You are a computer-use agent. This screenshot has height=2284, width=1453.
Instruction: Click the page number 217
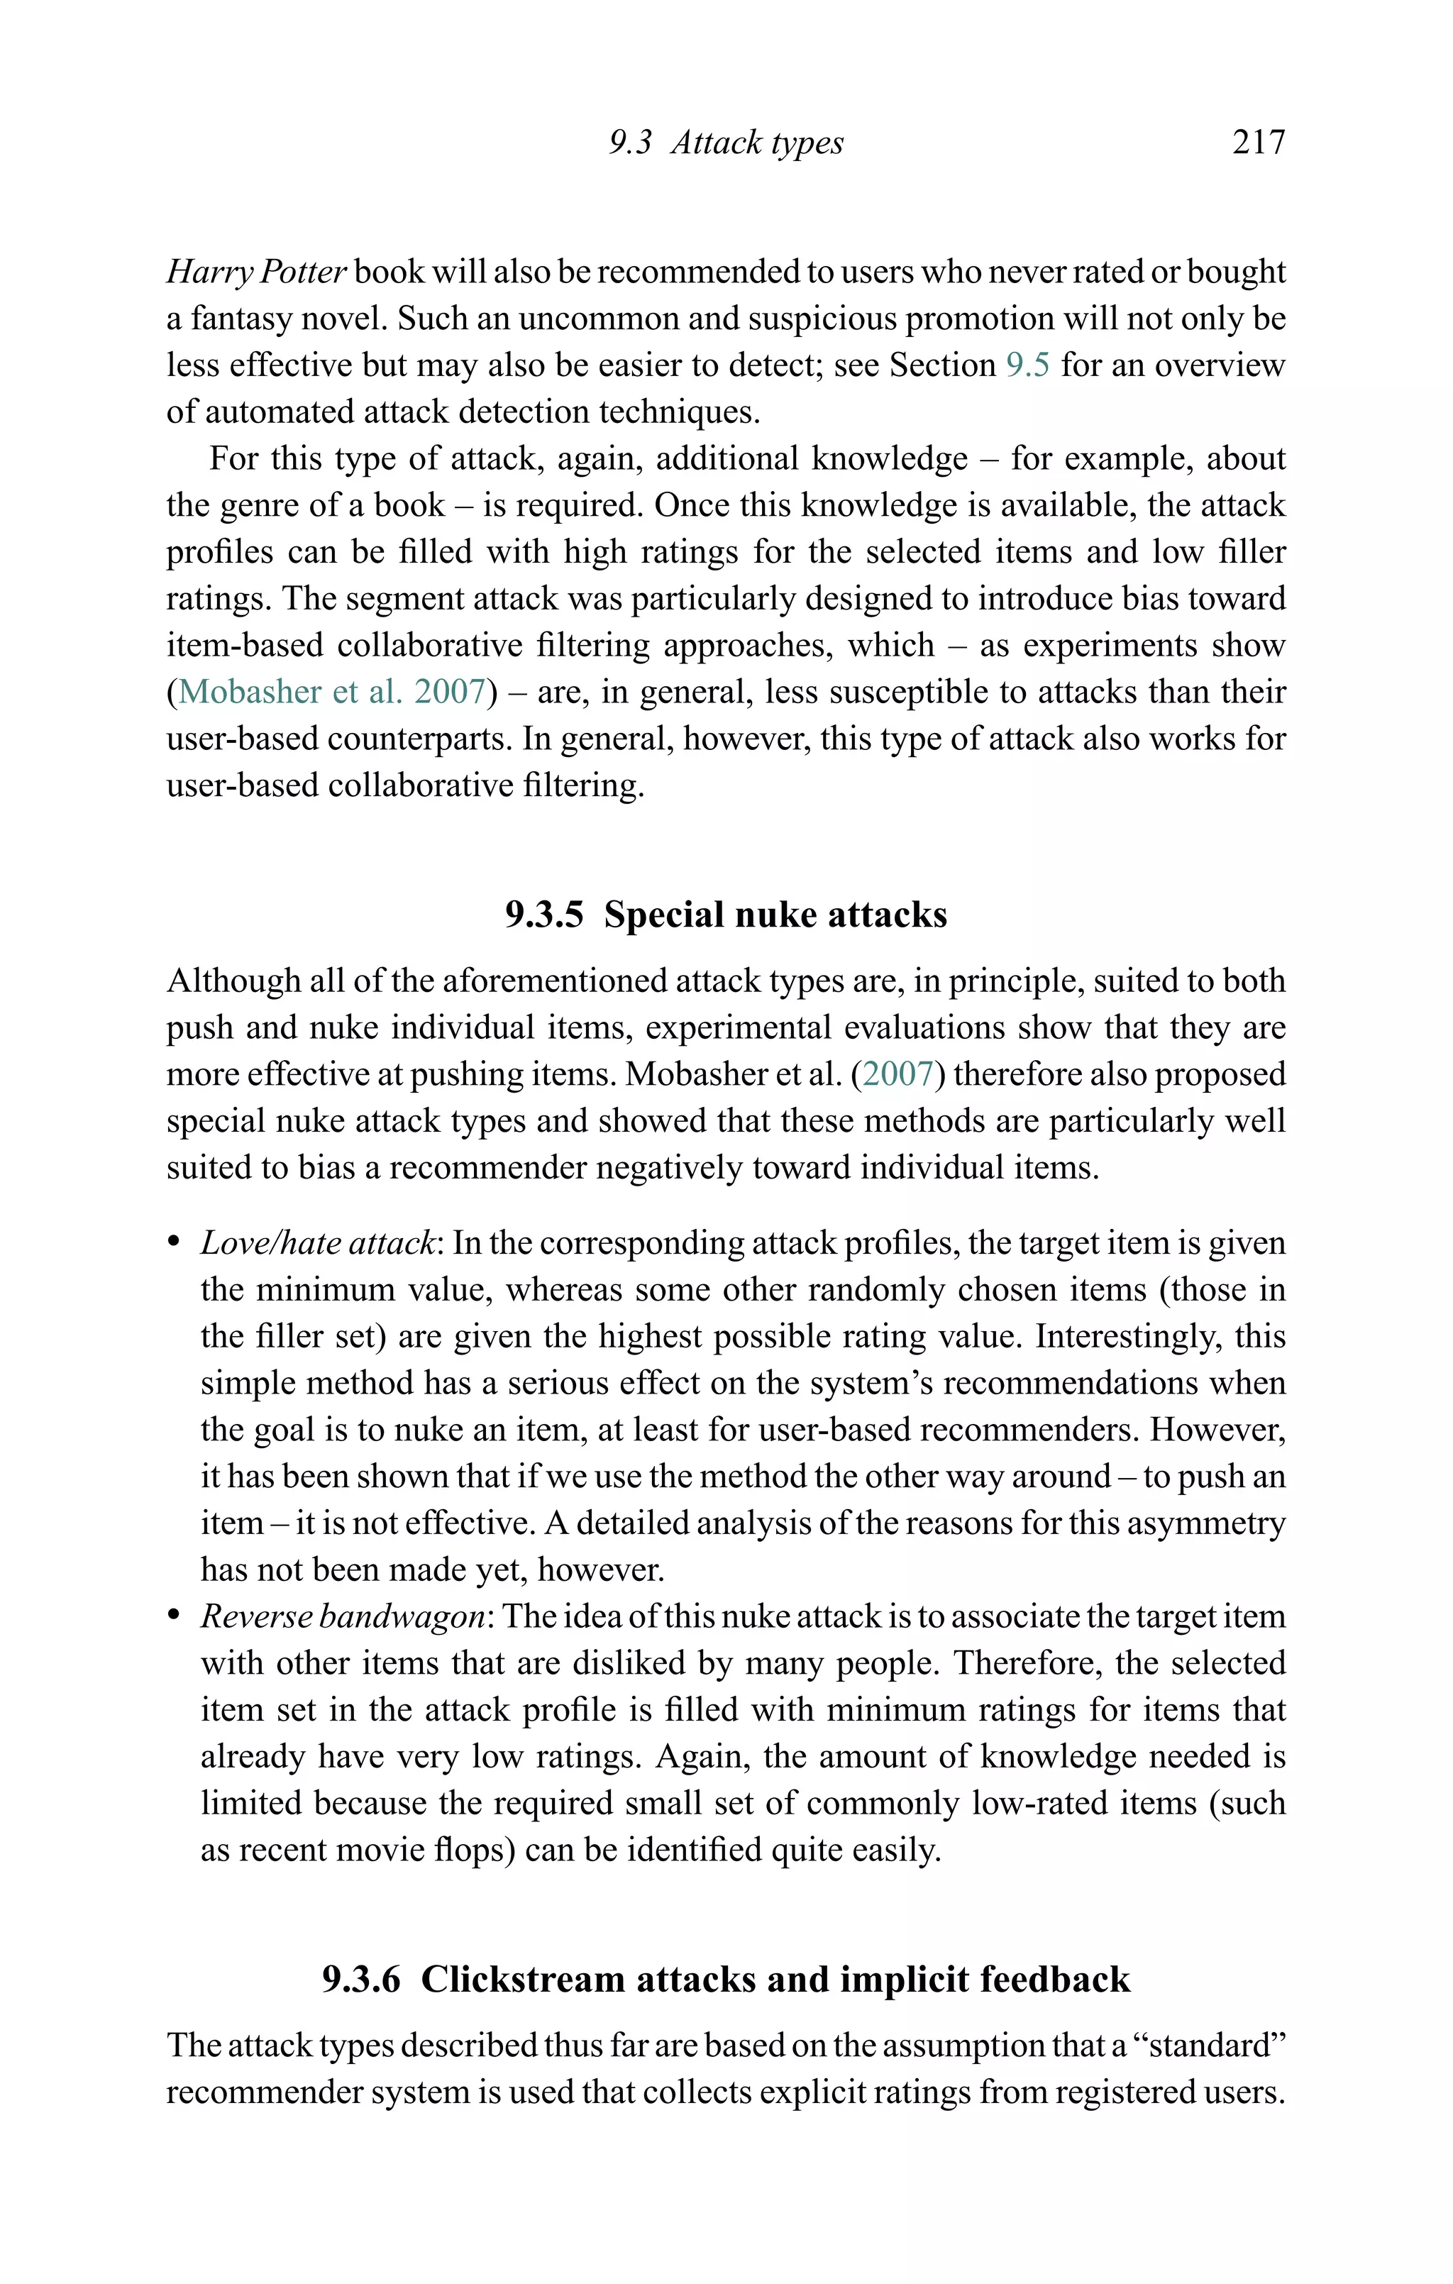click(x=1258, y=143)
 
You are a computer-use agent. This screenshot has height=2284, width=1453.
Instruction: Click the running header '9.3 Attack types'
click(x=726, y=143)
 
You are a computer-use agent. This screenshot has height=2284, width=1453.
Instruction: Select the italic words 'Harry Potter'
click(x=256, y=272)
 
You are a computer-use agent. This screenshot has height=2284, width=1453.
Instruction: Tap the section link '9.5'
click(x=1027, y=365)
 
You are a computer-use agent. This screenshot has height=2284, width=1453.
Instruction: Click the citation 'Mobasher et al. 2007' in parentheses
click(x=332, y=692)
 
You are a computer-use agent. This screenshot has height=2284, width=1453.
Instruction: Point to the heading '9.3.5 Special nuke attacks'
click(x=726, y=915)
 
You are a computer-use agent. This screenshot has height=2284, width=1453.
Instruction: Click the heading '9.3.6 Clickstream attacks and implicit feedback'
click(x=726, y=1980)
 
